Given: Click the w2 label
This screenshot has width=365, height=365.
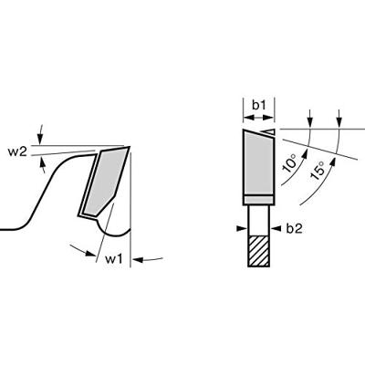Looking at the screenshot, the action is coord(17,152).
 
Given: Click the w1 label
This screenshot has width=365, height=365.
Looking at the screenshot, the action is coord(113,259).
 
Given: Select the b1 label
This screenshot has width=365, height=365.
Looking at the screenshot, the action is coord(259,106).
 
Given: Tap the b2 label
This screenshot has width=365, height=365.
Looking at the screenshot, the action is coord(294,229).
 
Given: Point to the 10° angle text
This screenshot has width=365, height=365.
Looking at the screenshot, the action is coord(289,163).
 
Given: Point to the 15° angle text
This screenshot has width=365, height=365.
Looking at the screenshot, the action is coord(318,171).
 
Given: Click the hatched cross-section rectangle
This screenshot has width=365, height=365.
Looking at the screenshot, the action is coord(259,251).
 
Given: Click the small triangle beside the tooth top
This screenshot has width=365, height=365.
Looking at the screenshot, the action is coord(269,131).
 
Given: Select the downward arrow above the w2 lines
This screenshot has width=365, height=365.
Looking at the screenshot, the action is coord(40,134).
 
